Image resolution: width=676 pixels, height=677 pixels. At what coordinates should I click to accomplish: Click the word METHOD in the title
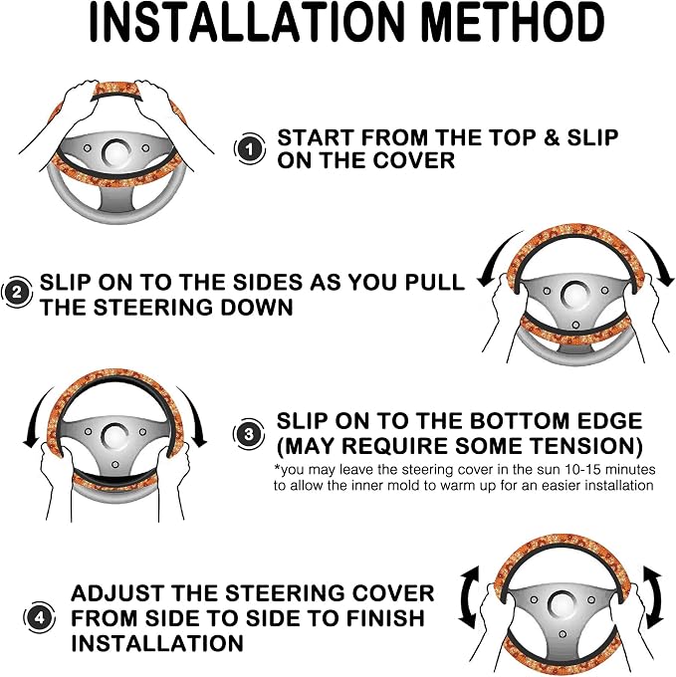[512, 22]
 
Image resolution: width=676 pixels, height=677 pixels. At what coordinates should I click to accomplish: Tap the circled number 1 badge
[250, 149]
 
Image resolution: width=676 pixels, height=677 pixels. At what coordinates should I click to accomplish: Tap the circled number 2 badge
[16, 293]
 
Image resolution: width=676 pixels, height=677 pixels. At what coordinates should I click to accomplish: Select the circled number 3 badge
[249, 433]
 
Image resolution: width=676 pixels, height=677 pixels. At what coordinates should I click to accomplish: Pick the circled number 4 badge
[39, 617]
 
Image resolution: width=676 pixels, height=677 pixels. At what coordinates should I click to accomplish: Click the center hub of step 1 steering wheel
[117, 153]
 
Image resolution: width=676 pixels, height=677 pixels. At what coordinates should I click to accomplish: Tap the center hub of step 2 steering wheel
[575, 296]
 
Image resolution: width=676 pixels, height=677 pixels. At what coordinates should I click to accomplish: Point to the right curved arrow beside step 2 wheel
[654, 256]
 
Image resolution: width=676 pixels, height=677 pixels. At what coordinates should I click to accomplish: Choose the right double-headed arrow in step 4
[654, 597]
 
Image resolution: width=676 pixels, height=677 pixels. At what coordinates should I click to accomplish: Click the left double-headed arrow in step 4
[469, 597]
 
